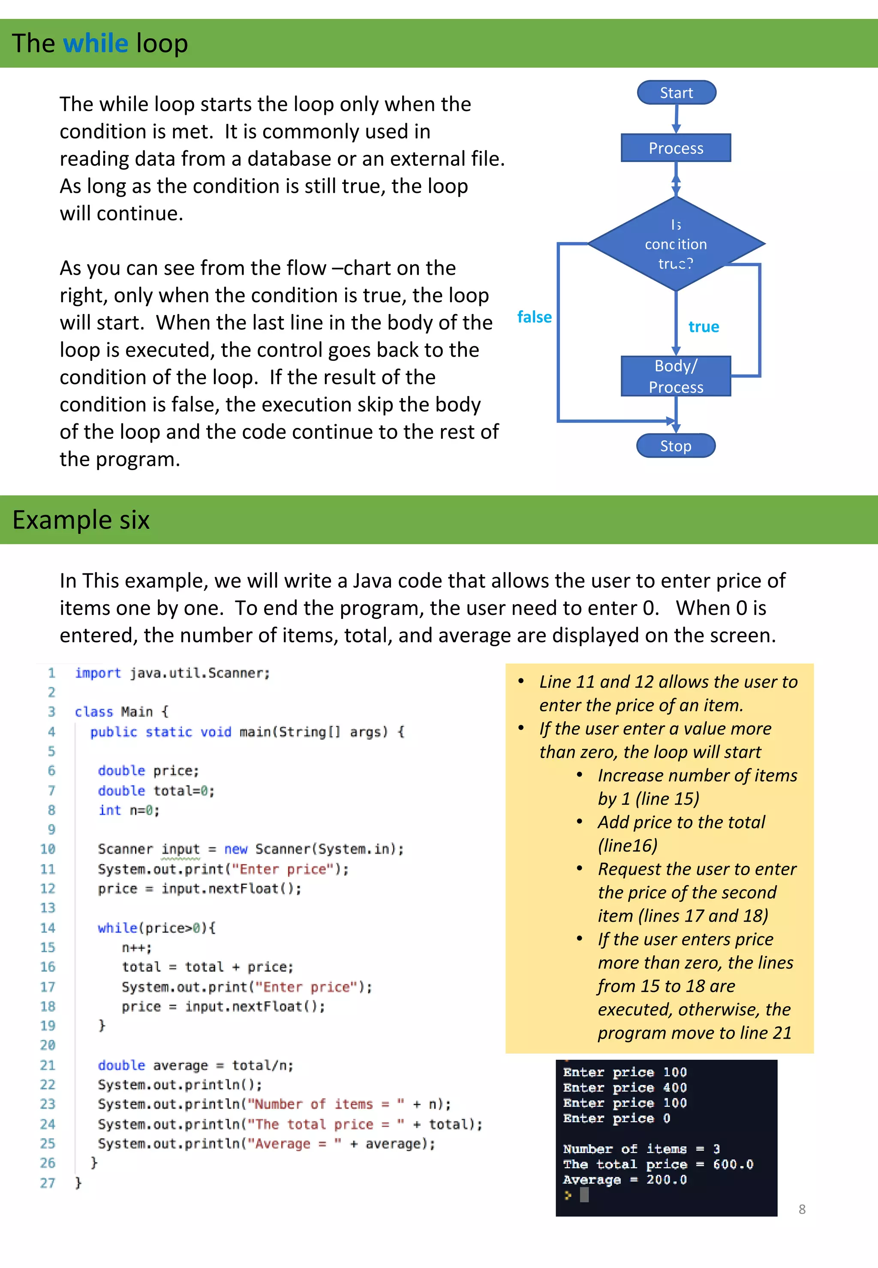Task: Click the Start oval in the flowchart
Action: coord(676,93)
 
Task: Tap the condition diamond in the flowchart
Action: coord(676,243)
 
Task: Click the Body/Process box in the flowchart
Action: coord(676,376)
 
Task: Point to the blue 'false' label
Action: coord(534,317)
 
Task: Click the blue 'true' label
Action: coord(704,327)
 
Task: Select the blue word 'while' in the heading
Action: coord(95,43)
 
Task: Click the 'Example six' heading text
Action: coord(81,520)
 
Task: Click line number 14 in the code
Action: coord(48,928)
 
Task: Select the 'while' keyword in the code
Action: coord(117,928)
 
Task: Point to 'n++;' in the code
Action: coord(136,947)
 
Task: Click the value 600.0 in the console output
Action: coord(733,1164)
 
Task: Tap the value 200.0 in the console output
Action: coord(666,1179)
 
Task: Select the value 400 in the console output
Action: coord(674,1087)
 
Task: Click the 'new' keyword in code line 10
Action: coord(235,849)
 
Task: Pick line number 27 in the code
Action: coord(48,1183)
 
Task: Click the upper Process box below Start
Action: coord(676,148)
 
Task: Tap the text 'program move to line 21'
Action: coord(694,1033)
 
